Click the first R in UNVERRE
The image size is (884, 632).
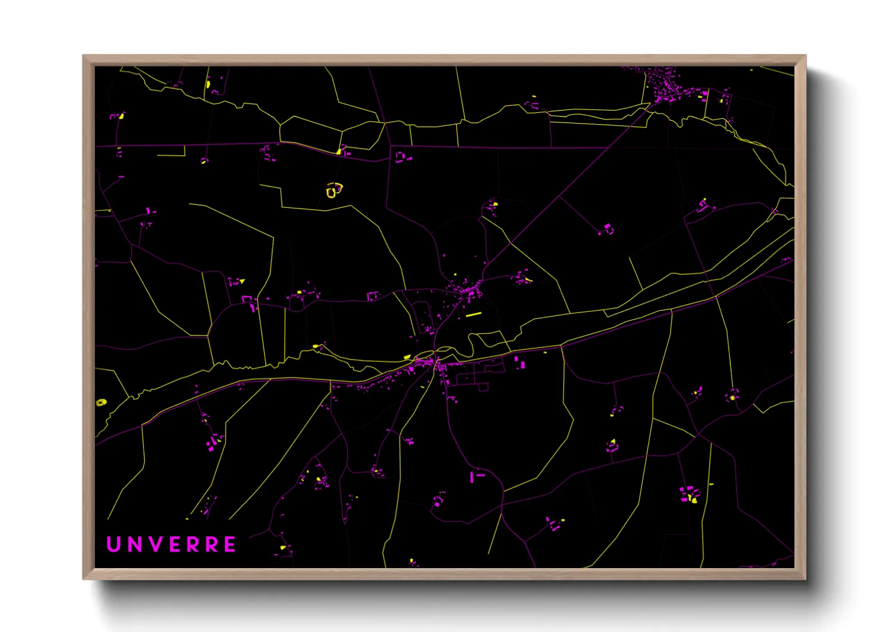(193, 544)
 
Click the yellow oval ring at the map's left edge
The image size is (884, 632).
(101, 403)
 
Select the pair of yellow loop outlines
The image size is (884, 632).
(334, 190)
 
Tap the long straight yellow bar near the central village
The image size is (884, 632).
(474, 314)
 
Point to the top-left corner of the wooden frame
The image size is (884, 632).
(84, 56)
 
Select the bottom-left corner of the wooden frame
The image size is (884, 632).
(84, 578)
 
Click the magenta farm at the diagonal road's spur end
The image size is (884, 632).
(607, 229)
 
